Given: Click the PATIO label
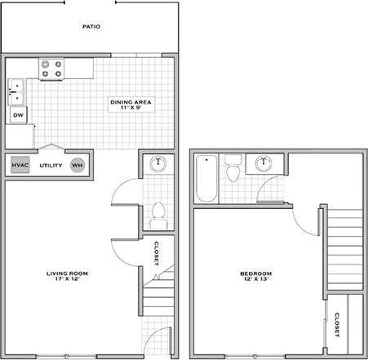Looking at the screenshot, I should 91,27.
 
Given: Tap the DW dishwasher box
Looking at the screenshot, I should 18,116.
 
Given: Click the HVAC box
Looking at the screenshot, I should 20,165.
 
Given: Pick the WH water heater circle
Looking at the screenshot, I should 78,165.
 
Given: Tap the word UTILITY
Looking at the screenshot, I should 50,165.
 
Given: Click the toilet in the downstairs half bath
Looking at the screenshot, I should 158,215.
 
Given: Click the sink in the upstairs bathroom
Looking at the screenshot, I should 264,163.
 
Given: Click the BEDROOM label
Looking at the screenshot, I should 255,273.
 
